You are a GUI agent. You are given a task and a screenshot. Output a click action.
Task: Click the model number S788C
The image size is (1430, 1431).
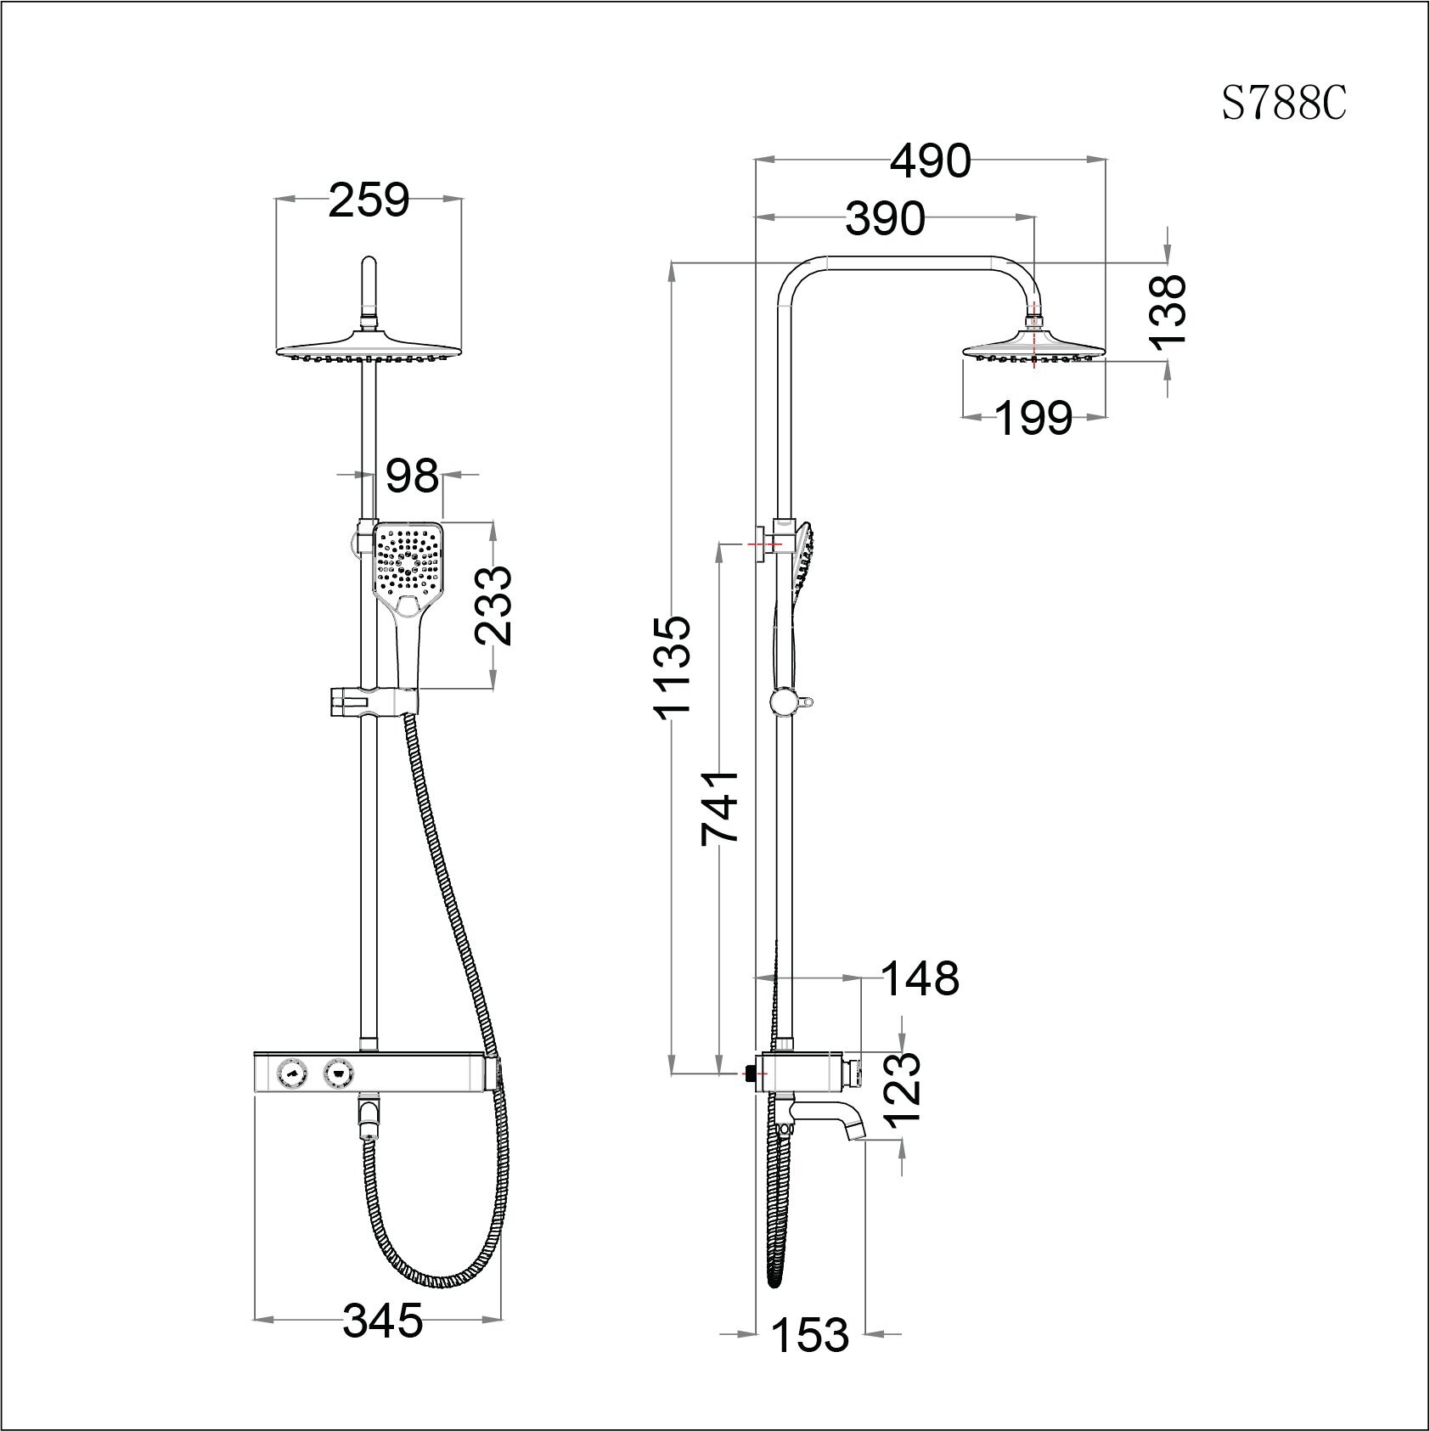tap(1283, 104)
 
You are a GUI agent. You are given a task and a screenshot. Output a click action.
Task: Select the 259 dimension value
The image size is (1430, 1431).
tap(369, 201)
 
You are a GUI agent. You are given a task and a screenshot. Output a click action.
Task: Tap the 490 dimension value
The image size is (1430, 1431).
tap(930, 161)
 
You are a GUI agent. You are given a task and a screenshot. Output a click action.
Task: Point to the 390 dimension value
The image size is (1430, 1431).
tap(884, 219)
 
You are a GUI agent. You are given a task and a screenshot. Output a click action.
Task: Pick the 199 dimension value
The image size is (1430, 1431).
tap(1033, 418)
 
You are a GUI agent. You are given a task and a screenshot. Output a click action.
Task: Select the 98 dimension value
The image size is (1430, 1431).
tap(412, 476)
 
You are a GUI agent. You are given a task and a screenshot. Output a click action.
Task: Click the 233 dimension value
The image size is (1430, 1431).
tap(493, 606)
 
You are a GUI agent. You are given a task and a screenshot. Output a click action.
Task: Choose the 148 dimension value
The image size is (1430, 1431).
tap(920, 978)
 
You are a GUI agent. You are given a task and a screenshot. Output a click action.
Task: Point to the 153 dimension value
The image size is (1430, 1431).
tap(809, 1334)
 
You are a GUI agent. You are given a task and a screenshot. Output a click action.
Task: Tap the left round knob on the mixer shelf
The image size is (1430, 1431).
tap(291, 1075)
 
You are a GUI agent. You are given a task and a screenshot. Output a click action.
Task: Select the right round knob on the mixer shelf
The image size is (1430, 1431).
tap(340, 1075)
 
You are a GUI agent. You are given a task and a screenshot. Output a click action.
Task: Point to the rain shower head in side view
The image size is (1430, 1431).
tap(1033, 348)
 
